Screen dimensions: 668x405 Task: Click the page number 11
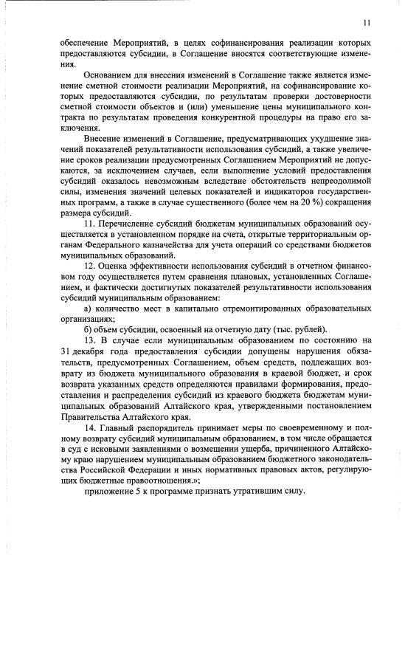367,23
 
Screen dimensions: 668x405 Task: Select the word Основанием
109,75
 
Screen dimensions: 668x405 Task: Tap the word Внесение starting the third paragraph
105,138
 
